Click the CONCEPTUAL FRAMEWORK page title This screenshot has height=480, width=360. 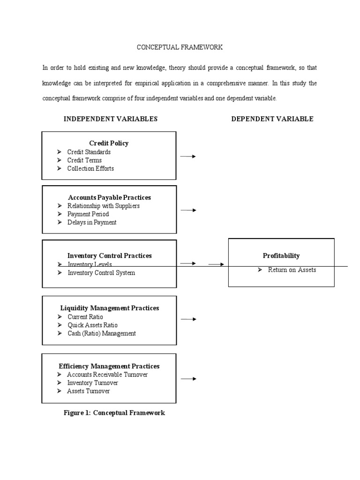180,47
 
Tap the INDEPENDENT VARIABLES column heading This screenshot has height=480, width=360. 111,119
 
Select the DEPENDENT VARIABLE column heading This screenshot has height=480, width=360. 272,119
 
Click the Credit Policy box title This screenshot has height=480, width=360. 109,143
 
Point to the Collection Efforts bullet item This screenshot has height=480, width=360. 90,168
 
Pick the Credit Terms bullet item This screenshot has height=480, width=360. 84,160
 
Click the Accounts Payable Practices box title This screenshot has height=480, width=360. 109,198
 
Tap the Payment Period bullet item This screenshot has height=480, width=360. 88,214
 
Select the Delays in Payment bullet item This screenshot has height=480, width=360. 92,222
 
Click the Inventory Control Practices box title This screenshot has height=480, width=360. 109,256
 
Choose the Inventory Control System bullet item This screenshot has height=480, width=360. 101,273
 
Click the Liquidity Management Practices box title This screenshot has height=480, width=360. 110,308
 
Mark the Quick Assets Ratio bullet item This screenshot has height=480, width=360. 92,325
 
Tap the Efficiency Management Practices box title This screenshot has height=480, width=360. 109,367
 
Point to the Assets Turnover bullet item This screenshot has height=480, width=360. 88,391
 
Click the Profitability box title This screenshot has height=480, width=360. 281,256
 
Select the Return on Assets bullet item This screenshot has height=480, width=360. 292,270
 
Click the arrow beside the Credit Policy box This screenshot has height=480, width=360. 188,157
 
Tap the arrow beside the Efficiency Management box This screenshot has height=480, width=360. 188,379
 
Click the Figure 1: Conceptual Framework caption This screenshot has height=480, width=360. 114,413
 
